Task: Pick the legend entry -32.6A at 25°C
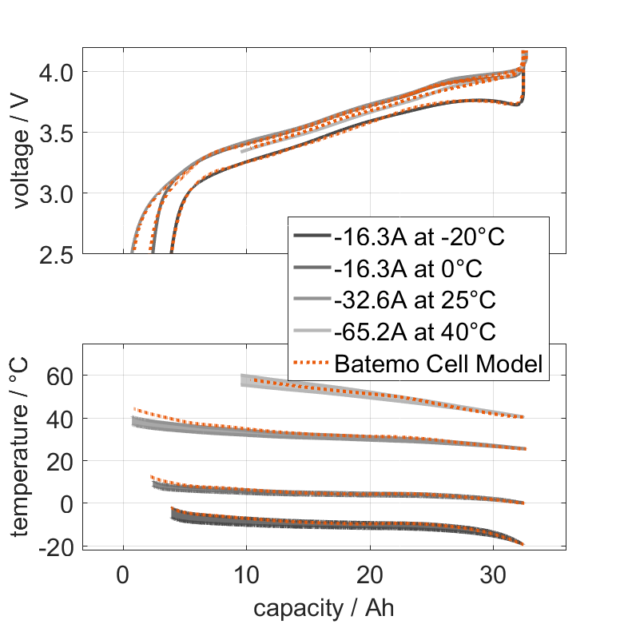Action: (415, 300)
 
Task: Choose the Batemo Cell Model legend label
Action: (439, 364)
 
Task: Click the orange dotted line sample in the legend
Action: (312, 364)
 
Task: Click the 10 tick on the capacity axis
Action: (246, 574)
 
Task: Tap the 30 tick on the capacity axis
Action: (493, 574)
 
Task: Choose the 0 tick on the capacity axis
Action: (122, 574)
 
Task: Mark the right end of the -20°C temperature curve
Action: (523, 544)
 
